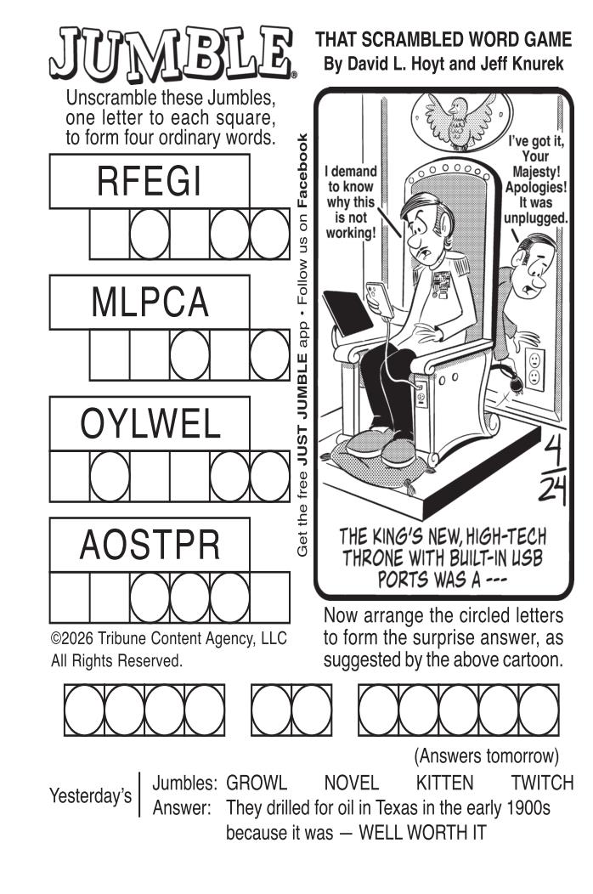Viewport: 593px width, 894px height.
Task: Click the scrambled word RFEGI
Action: (149, 182)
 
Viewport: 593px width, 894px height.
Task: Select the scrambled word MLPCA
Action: (150, 303)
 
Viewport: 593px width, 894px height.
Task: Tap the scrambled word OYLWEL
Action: (150, 423)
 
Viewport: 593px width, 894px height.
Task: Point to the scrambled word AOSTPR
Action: (150, 545)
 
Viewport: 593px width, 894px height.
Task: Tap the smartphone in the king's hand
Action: (379, 299)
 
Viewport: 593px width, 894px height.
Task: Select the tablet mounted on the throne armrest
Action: (347, 314)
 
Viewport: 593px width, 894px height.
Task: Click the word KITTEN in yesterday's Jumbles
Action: (445, 782)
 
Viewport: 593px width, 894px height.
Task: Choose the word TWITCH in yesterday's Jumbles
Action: (542, 782)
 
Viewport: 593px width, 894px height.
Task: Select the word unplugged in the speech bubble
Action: (535, 218)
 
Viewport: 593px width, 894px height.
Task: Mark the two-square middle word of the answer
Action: (291, 710)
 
